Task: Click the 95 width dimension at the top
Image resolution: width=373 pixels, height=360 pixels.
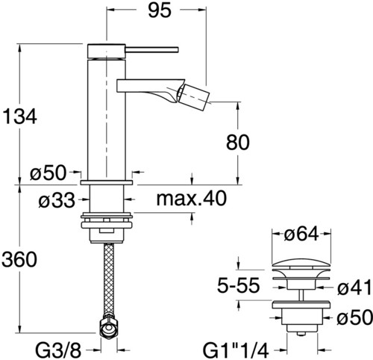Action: point(160,10)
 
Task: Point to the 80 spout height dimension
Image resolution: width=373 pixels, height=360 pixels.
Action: point(238,143)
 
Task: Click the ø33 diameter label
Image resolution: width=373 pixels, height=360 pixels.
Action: point(57,200)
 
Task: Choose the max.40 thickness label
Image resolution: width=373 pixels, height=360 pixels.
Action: point(192,199)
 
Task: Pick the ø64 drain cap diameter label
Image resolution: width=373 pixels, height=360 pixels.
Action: point(301,234)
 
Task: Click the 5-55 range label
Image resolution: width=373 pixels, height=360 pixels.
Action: point(239,285)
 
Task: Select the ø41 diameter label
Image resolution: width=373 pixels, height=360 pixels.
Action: point(354,287)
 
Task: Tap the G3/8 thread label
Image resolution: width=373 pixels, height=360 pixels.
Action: point(58,351)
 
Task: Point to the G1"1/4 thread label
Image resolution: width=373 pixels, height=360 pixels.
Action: point(236,351)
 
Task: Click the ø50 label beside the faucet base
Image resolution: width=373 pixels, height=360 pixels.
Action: point(48,173)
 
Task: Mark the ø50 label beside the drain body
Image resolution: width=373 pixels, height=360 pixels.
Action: point(354,317)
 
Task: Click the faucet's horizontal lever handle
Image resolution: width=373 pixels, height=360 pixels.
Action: point(152,49)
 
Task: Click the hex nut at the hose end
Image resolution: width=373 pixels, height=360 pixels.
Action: point(109,328)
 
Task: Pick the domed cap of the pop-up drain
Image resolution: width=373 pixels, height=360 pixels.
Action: point(301,264)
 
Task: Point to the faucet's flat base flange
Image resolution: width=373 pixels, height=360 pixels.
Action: point(107,182)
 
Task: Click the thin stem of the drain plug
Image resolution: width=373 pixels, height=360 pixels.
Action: point(301,295)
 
